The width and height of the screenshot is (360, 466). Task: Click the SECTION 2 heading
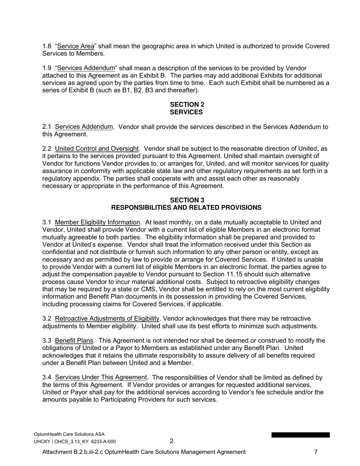tap(186, 104)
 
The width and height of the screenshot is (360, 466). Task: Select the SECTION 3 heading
tap(186, 200)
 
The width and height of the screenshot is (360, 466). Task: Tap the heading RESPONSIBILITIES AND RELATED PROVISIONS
tap(186, 208)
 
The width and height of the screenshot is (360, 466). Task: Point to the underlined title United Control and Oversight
tap(97, 149)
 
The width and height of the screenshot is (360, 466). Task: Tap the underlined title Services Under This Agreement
tap(100, 378)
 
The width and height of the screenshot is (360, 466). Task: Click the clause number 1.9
tap(47, 68)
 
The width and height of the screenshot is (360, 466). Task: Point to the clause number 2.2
tap(47, 149)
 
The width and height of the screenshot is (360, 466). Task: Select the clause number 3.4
tap(47, 378)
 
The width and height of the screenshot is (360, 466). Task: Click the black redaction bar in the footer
tap(300, 435)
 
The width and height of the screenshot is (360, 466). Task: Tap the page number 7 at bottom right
tap(316, 452)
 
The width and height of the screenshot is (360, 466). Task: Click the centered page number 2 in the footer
tap(171, 441)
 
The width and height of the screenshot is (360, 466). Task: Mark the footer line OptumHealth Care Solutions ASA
tap(69, 434)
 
